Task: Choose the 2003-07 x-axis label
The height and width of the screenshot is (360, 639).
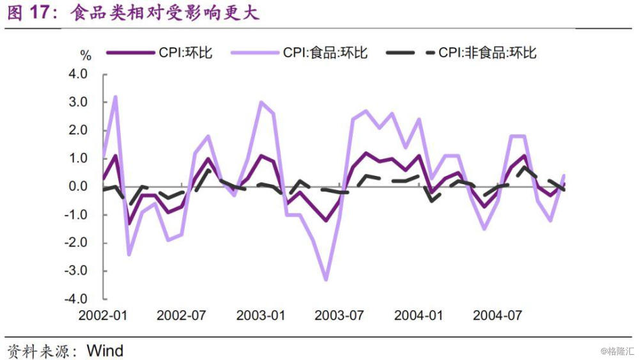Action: pos(339,316)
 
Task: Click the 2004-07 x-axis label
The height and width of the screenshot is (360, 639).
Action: pos(497,316)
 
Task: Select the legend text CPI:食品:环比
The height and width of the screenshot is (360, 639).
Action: pos(325,53)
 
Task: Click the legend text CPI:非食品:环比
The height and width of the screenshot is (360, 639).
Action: pos(488,53)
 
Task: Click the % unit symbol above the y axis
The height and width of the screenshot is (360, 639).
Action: pos(86,56)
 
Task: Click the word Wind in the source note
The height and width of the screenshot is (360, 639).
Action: pos(105,351)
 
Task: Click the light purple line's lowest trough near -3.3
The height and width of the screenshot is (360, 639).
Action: pos(326,280)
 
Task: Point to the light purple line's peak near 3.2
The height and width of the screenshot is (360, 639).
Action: pos(116,97)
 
